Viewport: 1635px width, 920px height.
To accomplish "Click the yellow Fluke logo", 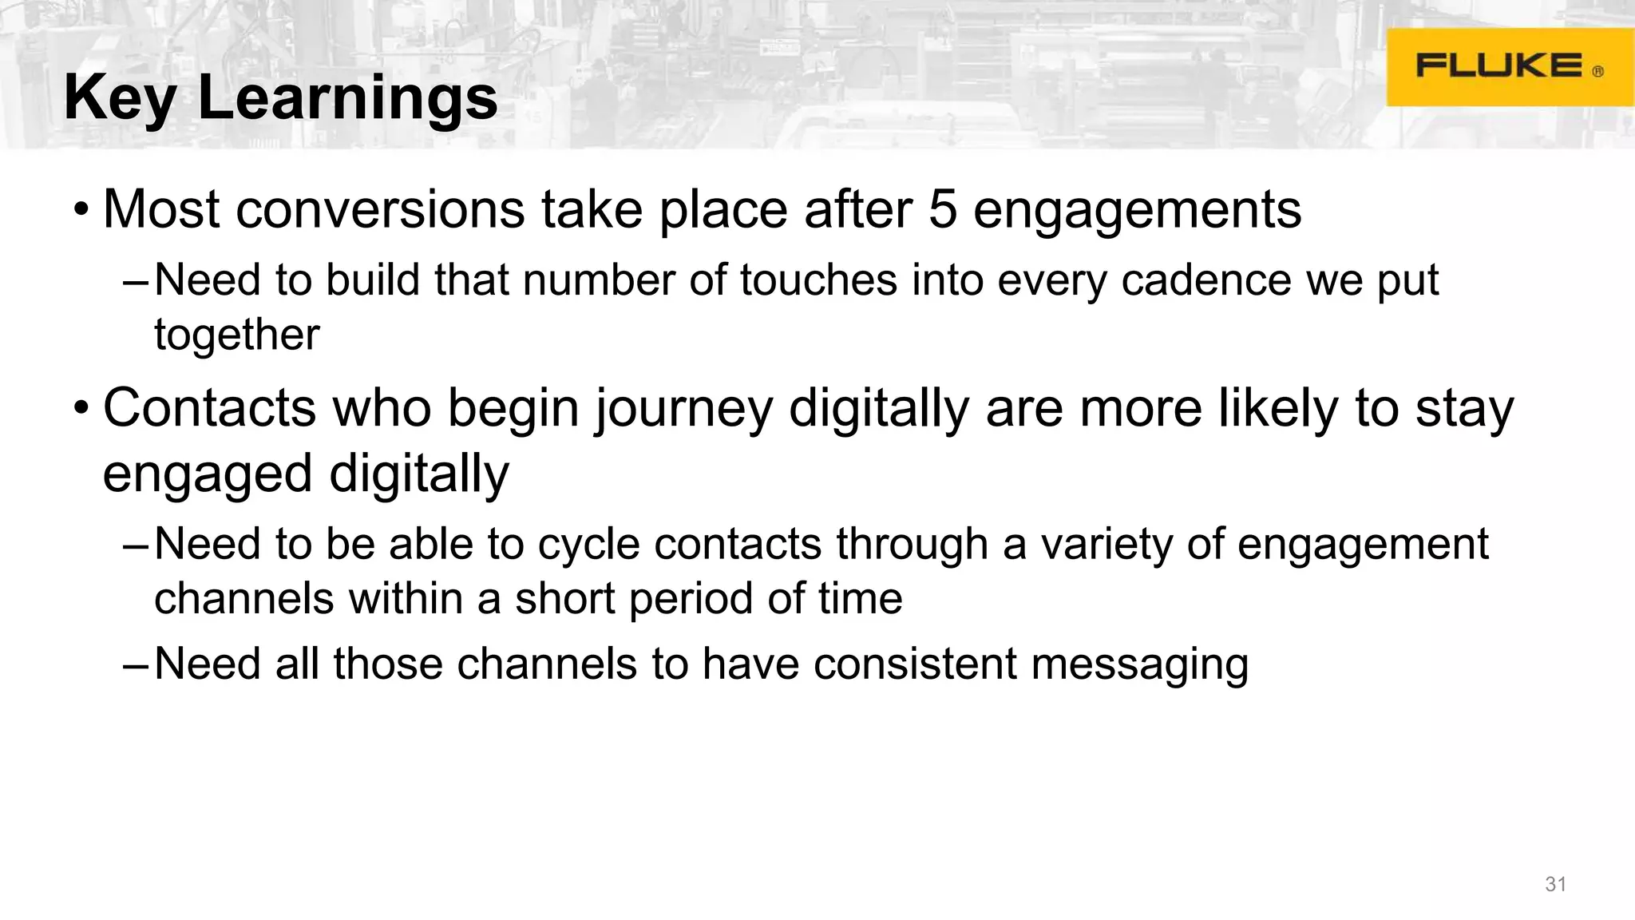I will (1509, 67).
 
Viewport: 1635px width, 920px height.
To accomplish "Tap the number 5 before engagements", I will (943, 210).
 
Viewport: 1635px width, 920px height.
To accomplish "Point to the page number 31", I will (1556, 884).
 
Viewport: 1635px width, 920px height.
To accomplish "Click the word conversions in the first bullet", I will (380, 210).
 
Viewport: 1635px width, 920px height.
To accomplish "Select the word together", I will (236, 335).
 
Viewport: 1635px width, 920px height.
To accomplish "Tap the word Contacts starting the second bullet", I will (210, 409).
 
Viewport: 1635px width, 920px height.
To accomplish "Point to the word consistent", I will (915, 664).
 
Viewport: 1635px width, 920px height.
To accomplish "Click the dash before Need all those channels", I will (135, 665).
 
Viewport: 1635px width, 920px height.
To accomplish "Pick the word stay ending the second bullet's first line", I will (1464, 409).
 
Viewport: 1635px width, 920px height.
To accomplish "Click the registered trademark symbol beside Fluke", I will (1597, 72).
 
